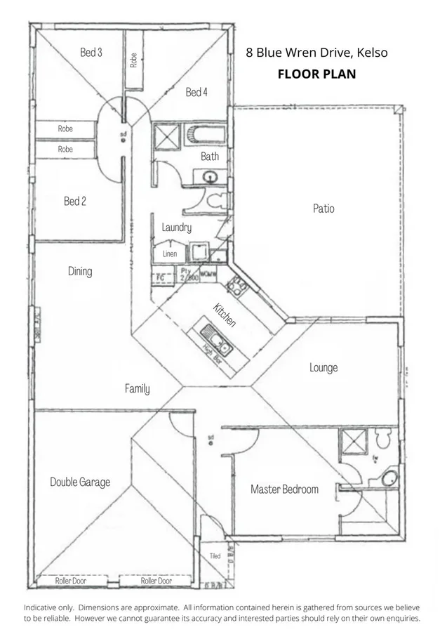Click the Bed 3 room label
91,52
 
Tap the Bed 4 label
196,92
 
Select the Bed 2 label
75,201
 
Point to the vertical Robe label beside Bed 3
133,60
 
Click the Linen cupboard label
170,254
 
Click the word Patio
323,209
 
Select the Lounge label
323,367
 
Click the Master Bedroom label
284,489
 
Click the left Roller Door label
74,581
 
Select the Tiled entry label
215,556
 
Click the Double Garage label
80,482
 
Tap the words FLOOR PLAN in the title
316,73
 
